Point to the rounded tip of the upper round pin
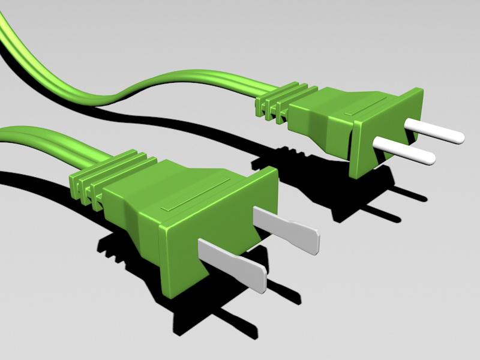458,137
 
